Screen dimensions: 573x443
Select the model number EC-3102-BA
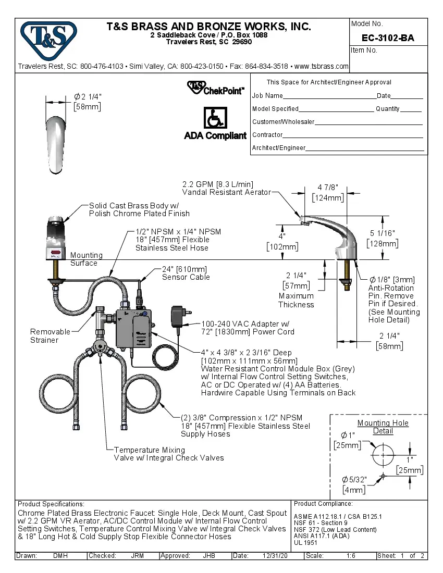pos(388,38)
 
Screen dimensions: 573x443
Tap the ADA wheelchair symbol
pos(214,118)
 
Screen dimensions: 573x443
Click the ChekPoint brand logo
pos(215,88)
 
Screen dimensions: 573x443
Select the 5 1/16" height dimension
pos(382,239)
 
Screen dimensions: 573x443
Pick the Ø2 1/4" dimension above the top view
pos(87,102)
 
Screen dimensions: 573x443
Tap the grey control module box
pos(135,329)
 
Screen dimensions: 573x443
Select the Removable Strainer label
pos(51,336)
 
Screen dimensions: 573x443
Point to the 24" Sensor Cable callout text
pos(186,273)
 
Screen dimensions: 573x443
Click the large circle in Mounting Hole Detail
pos(383,454)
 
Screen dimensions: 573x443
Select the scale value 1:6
pos(351,556)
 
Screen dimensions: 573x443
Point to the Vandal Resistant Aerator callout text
pos(226,192)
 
